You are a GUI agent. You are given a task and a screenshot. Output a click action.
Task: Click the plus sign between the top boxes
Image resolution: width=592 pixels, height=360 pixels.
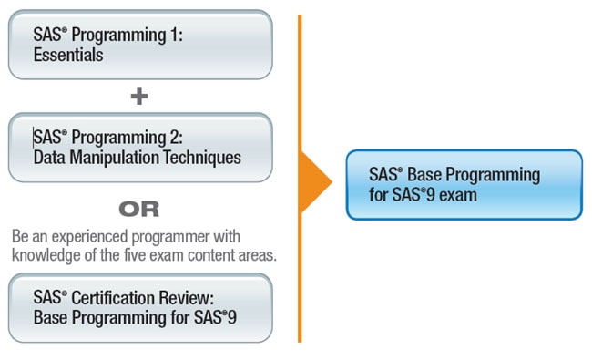coord(139,96)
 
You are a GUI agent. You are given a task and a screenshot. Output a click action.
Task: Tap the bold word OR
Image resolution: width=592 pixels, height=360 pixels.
coord(139,209)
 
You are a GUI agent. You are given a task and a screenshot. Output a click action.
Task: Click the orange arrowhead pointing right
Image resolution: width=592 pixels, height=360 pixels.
coord(316,182)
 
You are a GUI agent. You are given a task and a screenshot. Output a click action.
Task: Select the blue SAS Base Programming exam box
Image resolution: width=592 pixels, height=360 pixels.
coord(464,185)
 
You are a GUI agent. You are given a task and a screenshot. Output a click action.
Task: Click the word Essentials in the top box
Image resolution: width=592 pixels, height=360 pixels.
coord(68,55)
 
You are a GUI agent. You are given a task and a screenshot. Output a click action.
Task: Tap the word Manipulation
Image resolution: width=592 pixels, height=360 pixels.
coord(115,158)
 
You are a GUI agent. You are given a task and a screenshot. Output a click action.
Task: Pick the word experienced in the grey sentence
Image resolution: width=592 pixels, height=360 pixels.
coord(89,237)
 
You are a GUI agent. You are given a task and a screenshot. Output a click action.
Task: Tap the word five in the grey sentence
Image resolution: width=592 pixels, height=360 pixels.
coord(135,255)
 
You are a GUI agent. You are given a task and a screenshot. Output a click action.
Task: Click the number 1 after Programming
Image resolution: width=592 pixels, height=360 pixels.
coord(174,35)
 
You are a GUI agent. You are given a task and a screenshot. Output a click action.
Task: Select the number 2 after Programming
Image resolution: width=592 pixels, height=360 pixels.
coord(175,137)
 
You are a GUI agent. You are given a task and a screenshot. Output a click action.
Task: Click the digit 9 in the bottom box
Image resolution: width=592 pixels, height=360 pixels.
coord(232,318)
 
